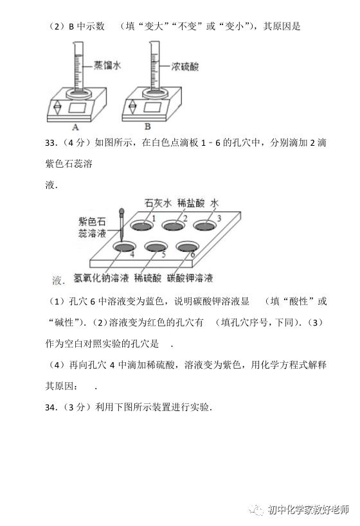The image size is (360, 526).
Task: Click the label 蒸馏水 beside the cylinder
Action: pyautogui.click(x=107, y=65)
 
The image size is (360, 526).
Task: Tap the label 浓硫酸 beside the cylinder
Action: pyautogui.click(x=185, y=66)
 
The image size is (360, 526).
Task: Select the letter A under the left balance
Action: pyautogui.click(x=76, y=127)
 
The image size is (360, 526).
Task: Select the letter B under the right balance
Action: pyautogui.click(x=147, y=127)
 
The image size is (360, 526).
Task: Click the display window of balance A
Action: pyautogui.click(x=78, y=107)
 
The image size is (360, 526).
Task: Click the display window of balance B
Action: pyautogui.click(x=152, y=107)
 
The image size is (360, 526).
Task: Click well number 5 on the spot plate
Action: pyautogui.click(x=156, y=247)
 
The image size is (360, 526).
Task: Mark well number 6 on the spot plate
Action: pyautogui.click(x=187, y=247)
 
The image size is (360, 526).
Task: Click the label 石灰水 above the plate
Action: pyautogui.click(x=158, y=202)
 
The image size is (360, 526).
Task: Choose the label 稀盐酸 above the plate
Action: pyautogui.click(x=191, y=202)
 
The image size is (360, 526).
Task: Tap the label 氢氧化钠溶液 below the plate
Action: pyautogui.click(x=101, y=277)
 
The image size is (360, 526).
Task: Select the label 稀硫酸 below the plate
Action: pyautogui.click(x=148, y=277)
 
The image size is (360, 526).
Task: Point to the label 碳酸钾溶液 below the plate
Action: pyautogui.click(x=190, y=277)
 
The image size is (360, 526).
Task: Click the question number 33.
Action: pyautogui.click(x=51, y=143)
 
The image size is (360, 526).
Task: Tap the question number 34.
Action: pyautogui.click(x=51, y=407)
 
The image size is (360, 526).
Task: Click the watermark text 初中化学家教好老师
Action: pyautogui.click(x=309, y=509)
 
